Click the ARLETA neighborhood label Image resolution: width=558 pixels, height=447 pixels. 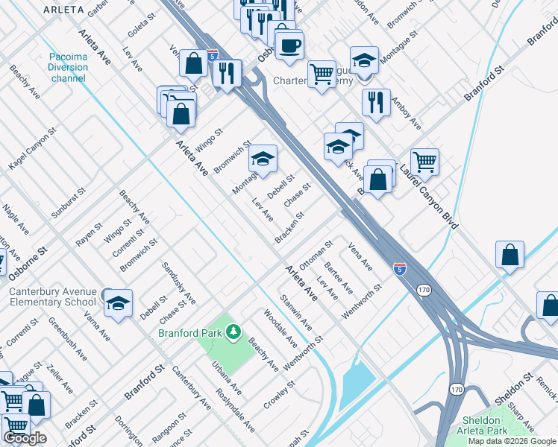[63, 10]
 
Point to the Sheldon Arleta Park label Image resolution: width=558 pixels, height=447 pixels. [482, 425]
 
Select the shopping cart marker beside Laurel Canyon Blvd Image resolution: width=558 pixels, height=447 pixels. [424, 162]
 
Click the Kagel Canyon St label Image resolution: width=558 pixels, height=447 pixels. [34, 148]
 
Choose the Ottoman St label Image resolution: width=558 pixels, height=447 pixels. [315, 255]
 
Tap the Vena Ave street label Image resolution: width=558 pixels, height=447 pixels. [360, 255]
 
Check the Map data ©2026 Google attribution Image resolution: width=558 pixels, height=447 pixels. [512, 441]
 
